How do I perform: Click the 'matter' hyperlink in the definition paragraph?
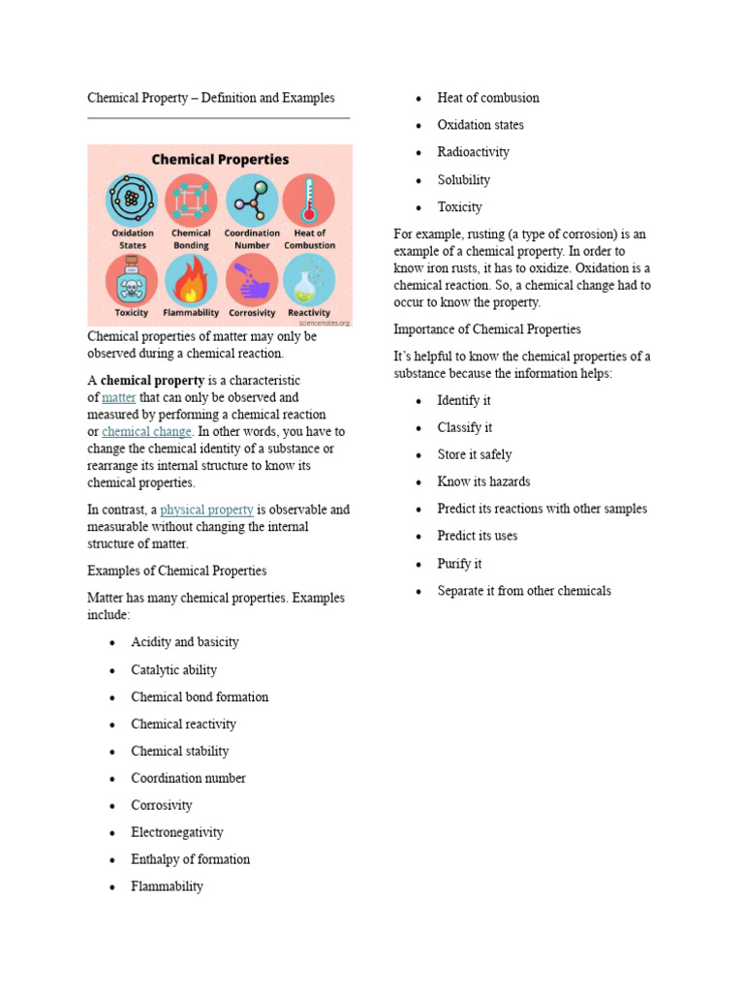coord(118,397)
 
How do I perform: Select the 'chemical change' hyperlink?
coord(147,432)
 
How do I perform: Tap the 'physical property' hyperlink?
coord(206,510)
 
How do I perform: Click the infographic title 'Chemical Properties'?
coord(219,159)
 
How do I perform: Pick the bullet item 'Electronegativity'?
coord(177,832)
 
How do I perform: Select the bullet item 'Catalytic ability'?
coord(173,669)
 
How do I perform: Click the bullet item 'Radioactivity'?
coord(473,152)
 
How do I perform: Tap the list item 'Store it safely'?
coord(474,454)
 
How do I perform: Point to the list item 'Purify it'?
coord(459,563)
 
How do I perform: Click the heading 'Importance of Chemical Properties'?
coord(487,329)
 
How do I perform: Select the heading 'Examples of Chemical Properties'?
coord(177,571)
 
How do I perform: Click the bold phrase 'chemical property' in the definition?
coord(152,381)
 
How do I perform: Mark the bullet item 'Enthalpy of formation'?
coord(190,859)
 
